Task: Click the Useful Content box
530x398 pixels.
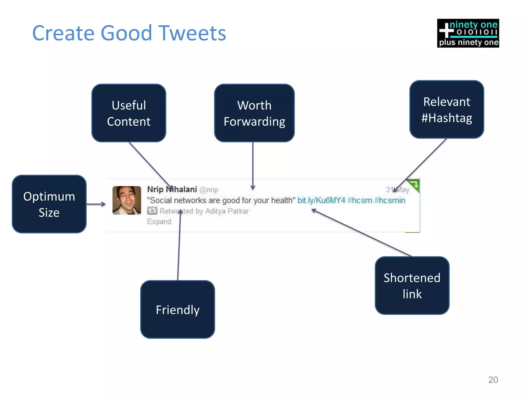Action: (x=129, y=113)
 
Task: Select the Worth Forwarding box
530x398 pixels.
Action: (x=254, y=113)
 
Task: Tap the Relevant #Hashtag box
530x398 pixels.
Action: (x=446, y=109)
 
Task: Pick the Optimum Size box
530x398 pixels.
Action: (x=49, y=204)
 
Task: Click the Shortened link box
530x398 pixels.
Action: (x=412, y=285)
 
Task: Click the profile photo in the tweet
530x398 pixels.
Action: (x=127, y=200)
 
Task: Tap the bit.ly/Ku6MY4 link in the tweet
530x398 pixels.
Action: (x=321, y=200)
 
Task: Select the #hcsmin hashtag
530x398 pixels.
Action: (x=390, y=200)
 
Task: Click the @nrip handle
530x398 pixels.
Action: (x=209, y=190)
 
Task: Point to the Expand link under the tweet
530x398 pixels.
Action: (x=159, y=222)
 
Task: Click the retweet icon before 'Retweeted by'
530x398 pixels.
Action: (x=152, y=211)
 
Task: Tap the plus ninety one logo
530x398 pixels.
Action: (x=468, y=33)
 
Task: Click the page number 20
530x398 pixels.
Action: (x=493, y=380)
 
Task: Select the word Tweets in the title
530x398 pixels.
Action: (x=192, y=33)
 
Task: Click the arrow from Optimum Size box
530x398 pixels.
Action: (x=96, y=204)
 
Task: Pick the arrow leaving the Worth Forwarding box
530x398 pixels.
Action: (x=253, y=166)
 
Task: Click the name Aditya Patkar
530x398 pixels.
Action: (x=227, y=211)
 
